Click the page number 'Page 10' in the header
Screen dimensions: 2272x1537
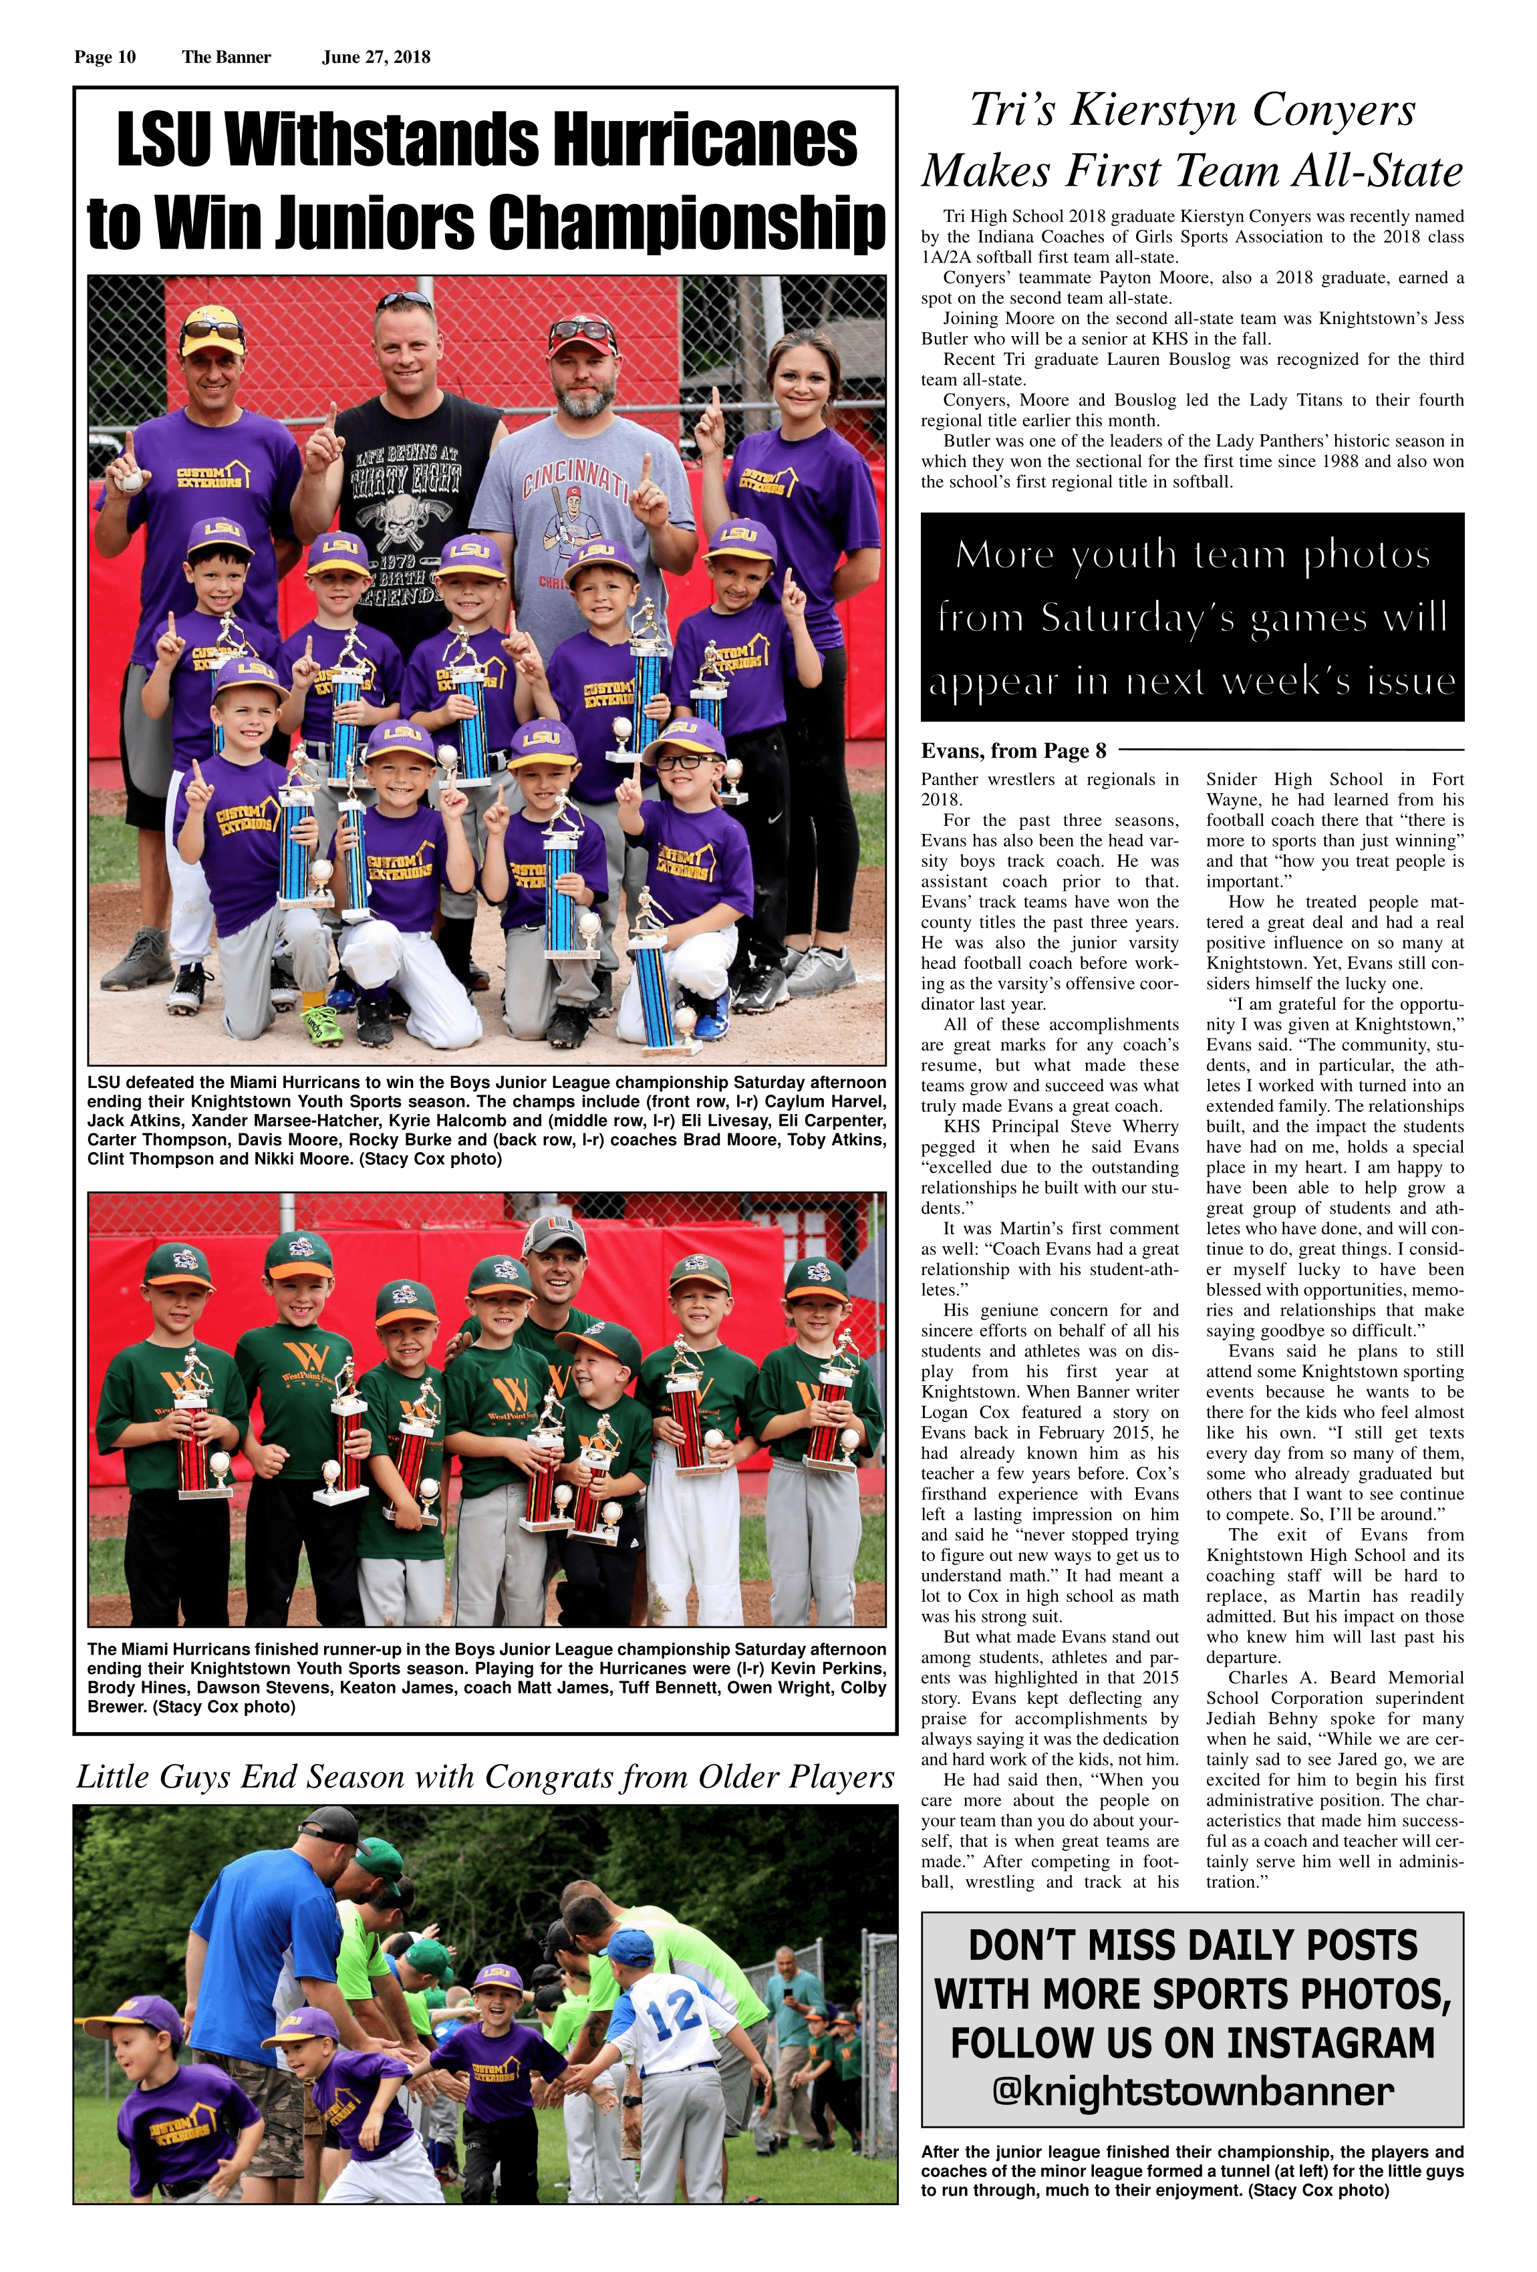105,57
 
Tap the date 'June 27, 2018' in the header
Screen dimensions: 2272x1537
376,57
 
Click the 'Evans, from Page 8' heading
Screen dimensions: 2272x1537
1014,751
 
